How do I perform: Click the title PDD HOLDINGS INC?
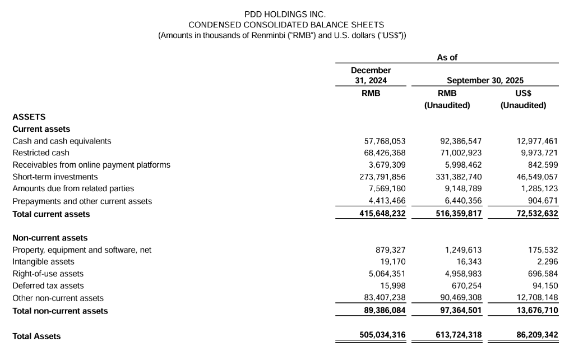point(286,14)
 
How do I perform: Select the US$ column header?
point(523,93)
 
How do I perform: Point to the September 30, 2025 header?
point(485,81)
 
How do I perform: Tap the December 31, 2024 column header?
point(371,75)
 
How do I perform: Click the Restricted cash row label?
point(41,153)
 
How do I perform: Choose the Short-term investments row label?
point(55,177)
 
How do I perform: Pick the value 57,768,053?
point(385,141)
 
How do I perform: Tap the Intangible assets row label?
point(43,262)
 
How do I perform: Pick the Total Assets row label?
point(36,336)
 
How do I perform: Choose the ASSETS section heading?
point(29,117)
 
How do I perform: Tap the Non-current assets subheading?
point(50,238)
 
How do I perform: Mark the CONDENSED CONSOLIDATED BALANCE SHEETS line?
point(286,25)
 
